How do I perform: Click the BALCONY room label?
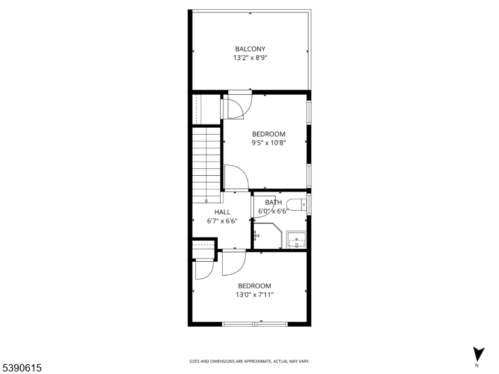pos(250,49)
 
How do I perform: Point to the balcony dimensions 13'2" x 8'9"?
pos(250,58)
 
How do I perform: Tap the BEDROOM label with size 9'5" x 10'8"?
pos(269,134)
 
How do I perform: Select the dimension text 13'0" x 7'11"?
pos(254,295)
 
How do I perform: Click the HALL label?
pos(222,212)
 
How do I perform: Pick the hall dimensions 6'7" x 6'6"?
pos(222,221)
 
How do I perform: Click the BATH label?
pos(273,202)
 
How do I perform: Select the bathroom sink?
pos(296,239)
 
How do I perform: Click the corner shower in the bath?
pos(268,236)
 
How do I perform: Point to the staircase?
pos(206,165)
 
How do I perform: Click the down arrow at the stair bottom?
pos(206,201)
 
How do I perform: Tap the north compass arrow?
pos(478,354)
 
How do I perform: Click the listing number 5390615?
pos(21,368)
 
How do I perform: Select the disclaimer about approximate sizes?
pos(249,362)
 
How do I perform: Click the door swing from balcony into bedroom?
pos(237,106)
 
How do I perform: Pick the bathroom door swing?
pos(263,207)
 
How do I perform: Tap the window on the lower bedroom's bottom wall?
pos(254,324)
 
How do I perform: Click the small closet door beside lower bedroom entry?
pos(204,270)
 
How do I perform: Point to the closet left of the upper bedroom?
pos(206,109)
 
